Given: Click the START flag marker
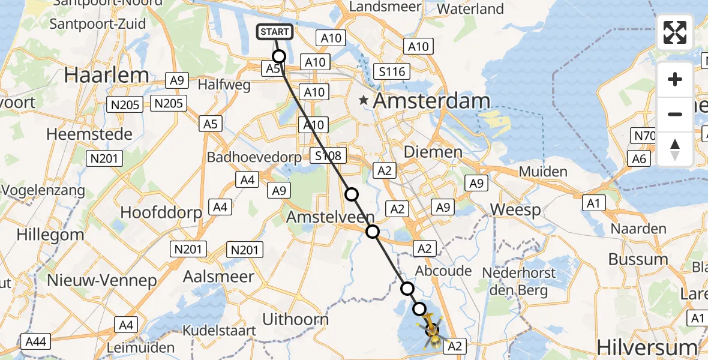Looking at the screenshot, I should tap(275, 32).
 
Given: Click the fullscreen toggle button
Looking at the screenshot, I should tap(675, 32).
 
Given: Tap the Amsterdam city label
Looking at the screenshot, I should tap(431, 101).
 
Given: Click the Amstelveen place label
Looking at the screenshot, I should tap(331, 217).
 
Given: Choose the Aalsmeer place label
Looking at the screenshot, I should tap(218, 277).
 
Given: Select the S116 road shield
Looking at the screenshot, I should tap(392, 71).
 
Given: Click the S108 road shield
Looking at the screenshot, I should tap(328, 156).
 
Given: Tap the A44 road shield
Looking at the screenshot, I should tap(36, 342).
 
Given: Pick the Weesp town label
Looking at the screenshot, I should tap(515, 211).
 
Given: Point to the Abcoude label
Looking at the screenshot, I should tap(442, 271).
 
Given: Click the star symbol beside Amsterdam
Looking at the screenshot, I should tap(364, 101).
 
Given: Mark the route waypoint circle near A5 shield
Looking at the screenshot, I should tap(279, 56).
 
